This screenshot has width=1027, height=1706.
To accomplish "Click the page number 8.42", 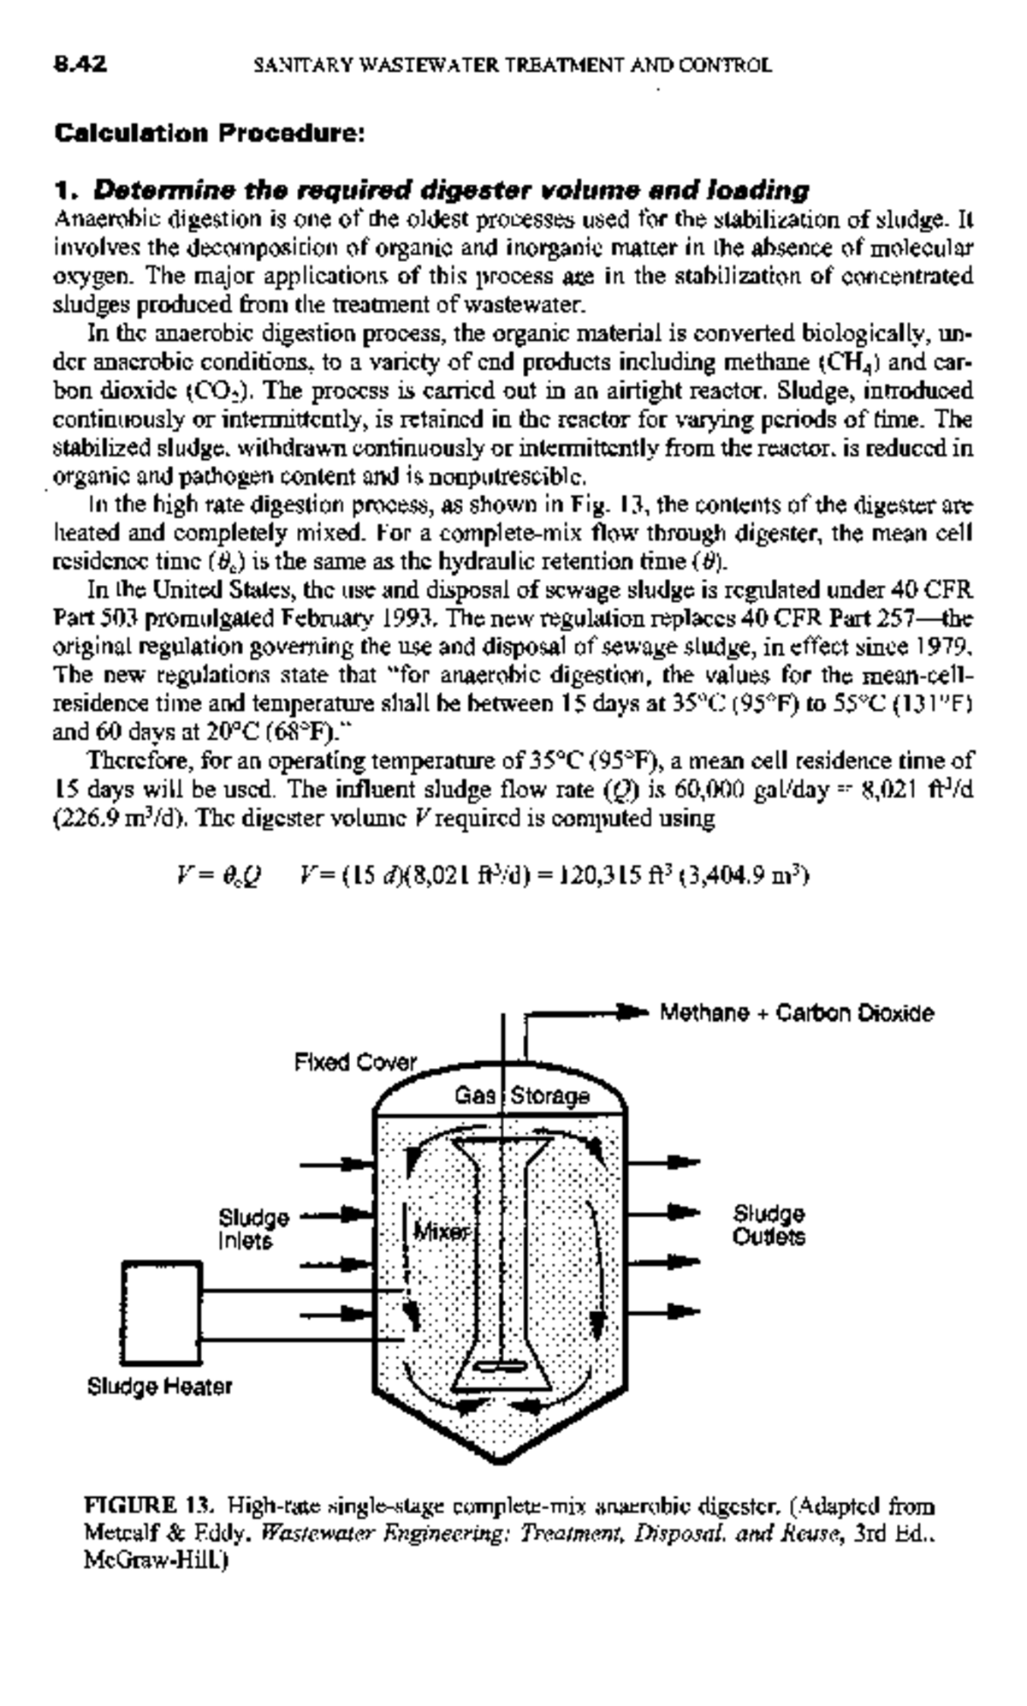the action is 80,63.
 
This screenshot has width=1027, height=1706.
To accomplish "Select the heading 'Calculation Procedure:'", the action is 210,134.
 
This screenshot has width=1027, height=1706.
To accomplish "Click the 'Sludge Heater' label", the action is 159,1386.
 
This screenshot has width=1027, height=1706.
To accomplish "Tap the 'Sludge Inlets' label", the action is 253,1228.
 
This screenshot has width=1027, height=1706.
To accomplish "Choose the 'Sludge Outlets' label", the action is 769,1226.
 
